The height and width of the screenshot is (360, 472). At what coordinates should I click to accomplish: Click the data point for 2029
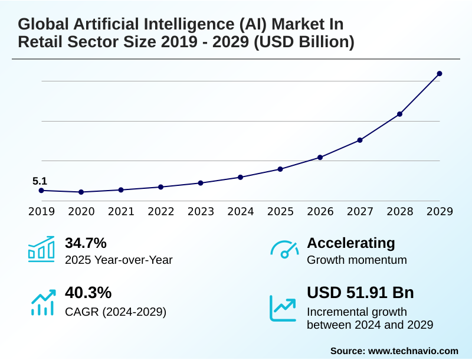coord(439,74)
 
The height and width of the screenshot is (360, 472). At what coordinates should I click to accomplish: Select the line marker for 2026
coord(320,158)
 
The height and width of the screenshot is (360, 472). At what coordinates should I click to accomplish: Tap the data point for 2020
coord(81,192)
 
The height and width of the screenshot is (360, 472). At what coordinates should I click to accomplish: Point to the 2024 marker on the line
coord(240,177)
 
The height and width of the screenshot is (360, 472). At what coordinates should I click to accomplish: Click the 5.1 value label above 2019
coord(40,181)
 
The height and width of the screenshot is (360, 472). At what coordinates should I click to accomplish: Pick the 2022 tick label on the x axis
coord(160,211)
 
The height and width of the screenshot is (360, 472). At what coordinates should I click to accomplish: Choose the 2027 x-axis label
coord(360,211)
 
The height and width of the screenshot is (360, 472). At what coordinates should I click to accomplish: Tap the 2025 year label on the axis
coord(280,211)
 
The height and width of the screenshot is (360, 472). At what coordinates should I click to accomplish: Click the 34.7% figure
coord(86,243)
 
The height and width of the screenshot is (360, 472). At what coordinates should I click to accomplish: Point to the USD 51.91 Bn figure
coord(360,293)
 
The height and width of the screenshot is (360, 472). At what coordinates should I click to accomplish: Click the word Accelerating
coord(351,243)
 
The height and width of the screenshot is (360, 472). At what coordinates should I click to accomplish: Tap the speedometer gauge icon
coord(284,250)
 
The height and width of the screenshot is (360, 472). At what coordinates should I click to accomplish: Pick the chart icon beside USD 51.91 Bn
coord(283,307)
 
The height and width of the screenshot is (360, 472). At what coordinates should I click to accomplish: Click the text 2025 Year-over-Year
coord(119,260)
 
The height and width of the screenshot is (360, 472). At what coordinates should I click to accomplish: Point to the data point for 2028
coord(399,114)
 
